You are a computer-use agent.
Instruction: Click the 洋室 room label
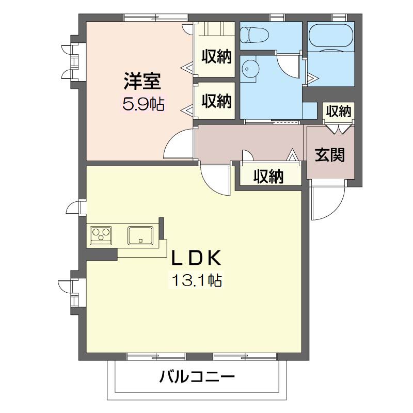[142, 81]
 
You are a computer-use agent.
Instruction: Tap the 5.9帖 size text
[144, 104]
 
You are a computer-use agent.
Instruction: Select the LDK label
[196, 258]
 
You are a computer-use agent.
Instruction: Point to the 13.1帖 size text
[197, 280]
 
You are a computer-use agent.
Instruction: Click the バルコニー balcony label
[197, 377]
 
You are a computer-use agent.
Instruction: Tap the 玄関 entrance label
[330, 155]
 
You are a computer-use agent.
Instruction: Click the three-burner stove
[101, 235]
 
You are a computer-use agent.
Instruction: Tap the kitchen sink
[140, 235]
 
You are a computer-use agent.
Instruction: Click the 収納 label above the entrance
[339, 112]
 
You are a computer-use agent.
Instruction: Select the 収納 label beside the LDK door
[268, 176]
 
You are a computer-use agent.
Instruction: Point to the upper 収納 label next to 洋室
[216, 56]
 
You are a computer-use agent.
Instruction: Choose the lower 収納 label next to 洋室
[216, 101]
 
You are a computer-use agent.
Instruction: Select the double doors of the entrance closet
[339, 129]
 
